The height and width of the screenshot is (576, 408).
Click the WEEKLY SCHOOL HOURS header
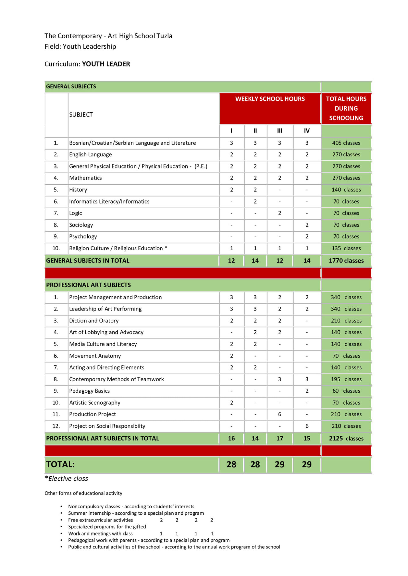coord(270,99)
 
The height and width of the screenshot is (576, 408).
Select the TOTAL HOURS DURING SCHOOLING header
coord(346,109)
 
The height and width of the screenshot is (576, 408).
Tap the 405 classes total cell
coord(346,143)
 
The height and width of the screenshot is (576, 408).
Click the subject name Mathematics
coord(85,178)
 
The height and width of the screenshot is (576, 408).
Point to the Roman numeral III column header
coord(279,131)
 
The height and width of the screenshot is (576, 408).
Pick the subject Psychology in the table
coord(83,236)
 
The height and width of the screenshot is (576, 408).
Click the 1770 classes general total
coord(346,261)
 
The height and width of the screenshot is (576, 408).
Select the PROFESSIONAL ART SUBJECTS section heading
coord(88,285)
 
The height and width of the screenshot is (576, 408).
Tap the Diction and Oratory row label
coord(94,321)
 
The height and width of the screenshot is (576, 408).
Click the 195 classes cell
coord(346,379)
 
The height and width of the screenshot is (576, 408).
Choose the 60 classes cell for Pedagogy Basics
coord(346,391)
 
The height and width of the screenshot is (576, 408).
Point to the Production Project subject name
coord(93,414)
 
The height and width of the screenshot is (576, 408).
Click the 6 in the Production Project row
coord(279,414)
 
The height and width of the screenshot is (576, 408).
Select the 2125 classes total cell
coord(346,438)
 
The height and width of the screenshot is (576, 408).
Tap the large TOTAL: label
coord(60,464)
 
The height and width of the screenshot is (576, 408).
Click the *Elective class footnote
coord(67,479)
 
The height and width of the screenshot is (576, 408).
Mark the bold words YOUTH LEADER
coord(106,64)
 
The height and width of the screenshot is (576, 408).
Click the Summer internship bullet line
coord(136,513)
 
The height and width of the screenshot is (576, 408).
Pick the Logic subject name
coord(76,213)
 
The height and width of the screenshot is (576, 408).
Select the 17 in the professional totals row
coord(279,438)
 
